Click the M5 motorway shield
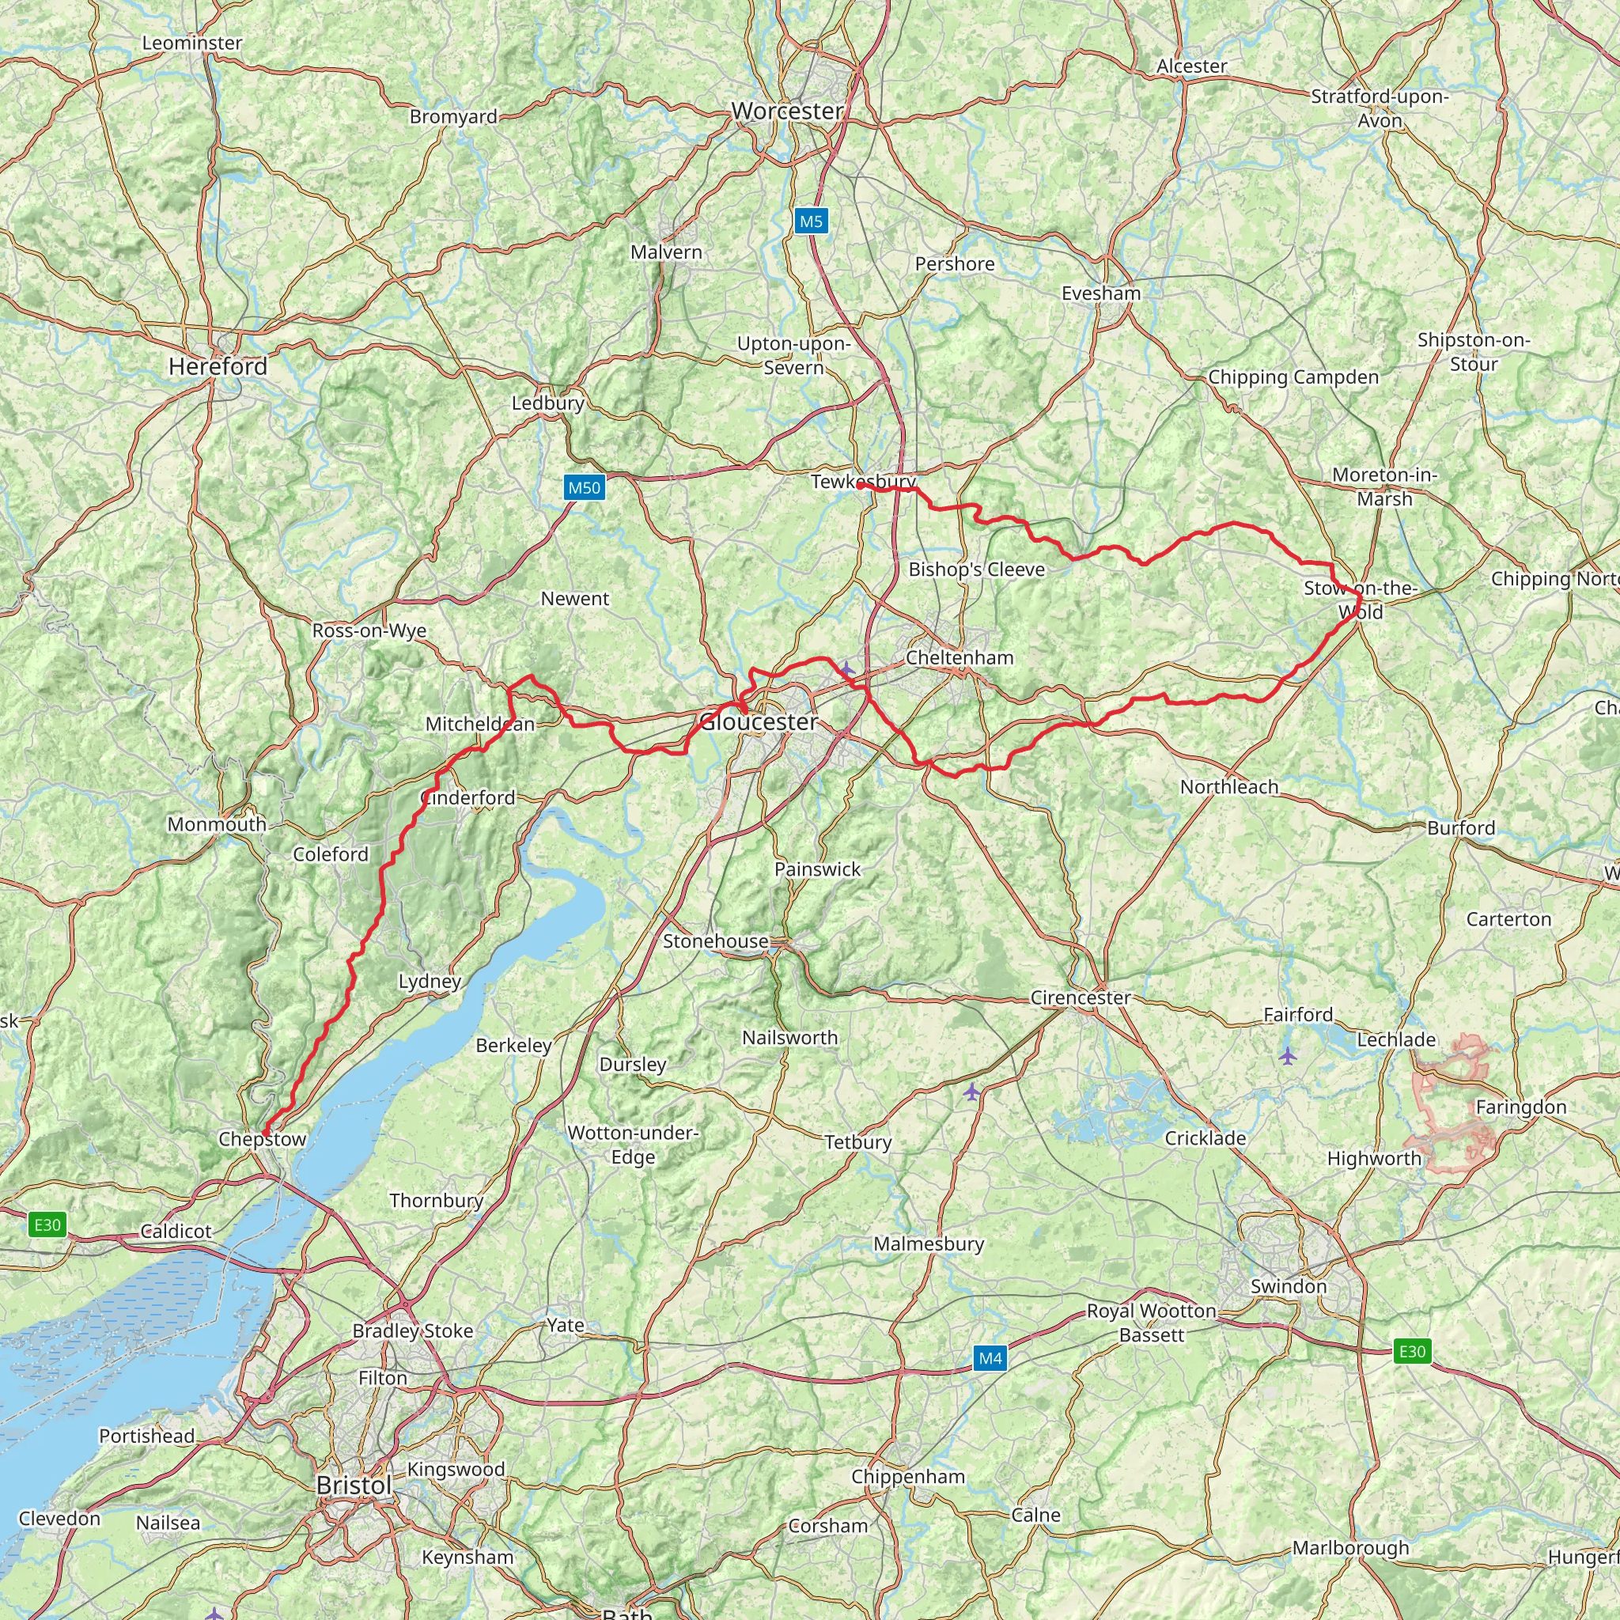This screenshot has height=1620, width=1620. pos(811,221)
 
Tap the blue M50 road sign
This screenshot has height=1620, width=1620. pos(585,488)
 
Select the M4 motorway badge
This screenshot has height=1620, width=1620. pos(990,1358)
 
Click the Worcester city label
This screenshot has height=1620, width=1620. pos(787,111)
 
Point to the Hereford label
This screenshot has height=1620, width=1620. pos(218,366)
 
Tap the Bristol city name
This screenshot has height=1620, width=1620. pos(354,1485)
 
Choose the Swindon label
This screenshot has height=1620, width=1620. pos(1289,1286)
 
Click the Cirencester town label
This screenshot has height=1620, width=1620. pos(1081,997)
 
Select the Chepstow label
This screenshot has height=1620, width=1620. pos(263,1139)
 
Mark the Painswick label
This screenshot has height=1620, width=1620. pos(818,869)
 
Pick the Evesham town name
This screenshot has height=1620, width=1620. pos(1101,293)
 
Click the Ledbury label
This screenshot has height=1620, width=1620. pos(548,403)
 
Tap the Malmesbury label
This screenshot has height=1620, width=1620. pos(929,1243)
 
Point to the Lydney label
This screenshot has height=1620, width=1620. pos(430,982)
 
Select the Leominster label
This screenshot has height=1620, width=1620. pos(192,43)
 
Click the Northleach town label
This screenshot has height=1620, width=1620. pos(1229,786)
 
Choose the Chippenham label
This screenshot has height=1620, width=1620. pos(908,1477)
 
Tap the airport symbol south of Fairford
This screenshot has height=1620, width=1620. pos(1288,1056)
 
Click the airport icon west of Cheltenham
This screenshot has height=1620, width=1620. pos(847,668)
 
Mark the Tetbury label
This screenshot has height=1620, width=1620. pos(857,1142)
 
